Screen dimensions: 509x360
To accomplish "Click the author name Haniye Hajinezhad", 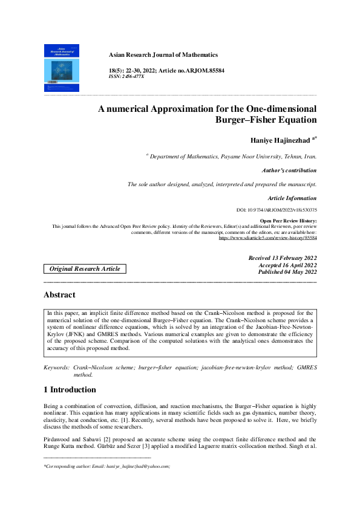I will click(x=280, y=140).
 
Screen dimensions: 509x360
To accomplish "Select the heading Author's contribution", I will click(x=289, y=170).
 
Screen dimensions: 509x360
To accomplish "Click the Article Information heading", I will click(x=292, y=198).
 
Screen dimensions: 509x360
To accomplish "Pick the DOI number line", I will click(x=277, y=209).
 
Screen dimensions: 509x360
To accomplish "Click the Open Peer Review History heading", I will click(x=288, y=221).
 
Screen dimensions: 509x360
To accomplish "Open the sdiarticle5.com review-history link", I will click(x=267, y=238).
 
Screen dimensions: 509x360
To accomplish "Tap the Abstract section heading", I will click(x=59, y=295).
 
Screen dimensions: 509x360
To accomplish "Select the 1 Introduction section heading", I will click(x=70, y=389).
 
